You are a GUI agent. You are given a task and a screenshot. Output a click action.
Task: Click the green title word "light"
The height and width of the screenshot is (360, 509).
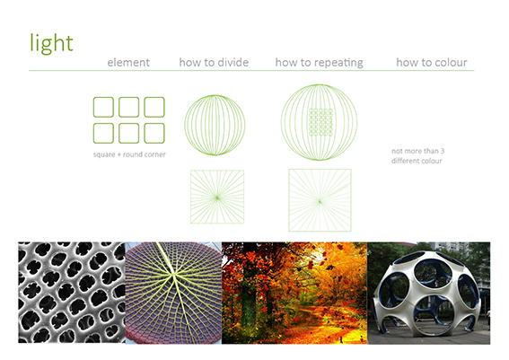pyautogui.click(x=51, y=43)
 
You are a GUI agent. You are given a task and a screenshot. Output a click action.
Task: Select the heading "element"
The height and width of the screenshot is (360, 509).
pyautogui.click(x=128, y=62)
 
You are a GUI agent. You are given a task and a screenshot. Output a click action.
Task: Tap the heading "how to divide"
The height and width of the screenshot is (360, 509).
pyautogui.click(x=214, y=62)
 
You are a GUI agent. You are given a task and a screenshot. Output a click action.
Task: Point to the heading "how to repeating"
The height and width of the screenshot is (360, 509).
pyautogui.click(x=319, y=63)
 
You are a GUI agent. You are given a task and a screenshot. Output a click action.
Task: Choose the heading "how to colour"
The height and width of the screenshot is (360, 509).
pyautogui.click(x=432, y=62)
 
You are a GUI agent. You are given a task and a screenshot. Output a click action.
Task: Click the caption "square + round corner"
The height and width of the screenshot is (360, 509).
pyautogui.click(x=129, y=154)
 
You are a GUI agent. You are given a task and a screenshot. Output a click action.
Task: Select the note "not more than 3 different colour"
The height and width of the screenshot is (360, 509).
pyautogui.click(x=417, y=156)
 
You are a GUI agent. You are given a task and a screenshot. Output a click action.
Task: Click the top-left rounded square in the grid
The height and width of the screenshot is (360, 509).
pyautogui.click(x=103, y=107)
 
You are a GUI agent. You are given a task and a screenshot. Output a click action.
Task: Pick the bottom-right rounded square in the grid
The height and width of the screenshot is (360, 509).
pyautogui.click(x=154, y=133)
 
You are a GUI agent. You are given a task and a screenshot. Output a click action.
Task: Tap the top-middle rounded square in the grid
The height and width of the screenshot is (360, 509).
pyautogui.click(x=129, y=107)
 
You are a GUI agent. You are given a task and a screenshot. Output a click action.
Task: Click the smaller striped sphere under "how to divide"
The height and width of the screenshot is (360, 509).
pyautogui.click(x=215, y=125)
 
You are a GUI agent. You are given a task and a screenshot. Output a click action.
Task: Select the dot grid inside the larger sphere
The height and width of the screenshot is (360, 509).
pyautogui.click(x=320, y=122)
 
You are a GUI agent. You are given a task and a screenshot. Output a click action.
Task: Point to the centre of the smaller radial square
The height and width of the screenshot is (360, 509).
pyautogui.click(x=217, y=198)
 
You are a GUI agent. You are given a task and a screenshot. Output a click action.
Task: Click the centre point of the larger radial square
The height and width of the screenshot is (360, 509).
pyautogui.click(x=320, y=202)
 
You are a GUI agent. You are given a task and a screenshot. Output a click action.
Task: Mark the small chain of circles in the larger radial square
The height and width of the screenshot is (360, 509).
pyautogui.click(x=338, y=190)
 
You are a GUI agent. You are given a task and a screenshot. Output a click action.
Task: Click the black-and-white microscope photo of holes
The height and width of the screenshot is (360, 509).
pyautogui.click(x=72, y=292)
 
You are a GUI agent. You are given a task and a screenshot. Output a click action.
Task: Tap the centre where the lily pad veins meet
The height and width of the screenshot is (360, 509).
pyautogui.click(x=174, y=275)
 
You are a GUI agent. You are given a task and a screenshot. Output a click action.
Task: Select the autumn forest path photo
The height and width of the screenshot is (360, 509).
pyautogui.click(x=294, y=293)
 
